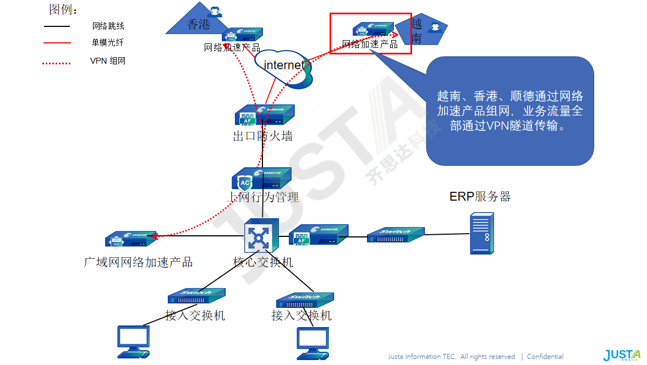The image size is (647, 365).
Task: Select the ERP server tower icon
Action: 481,234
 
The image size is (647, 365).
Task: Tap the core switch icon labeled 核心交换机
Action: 261,236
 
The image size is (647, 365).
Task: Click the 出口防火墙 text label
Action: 262,136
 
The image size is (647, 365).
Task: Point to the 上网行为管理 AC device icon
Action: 261,179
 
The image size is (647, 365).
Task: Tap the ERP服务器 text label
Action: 480,196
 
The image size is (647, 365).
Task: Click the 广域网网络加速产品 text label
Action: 138,262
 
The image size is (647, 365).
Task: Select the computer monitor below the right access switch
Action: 312,343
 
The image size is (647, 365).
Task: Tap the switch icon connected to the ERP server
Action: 396,235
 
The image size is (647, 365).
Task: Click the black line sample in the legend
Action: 57,26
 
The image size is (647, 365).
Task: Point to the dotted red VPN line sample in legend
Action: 57,63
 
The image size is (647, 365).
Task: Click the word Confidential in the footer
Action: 545,356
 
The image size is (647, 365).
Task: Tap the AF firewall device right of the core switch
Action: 319,234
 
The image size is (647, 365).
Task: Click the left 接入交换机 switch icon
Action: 196,296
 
